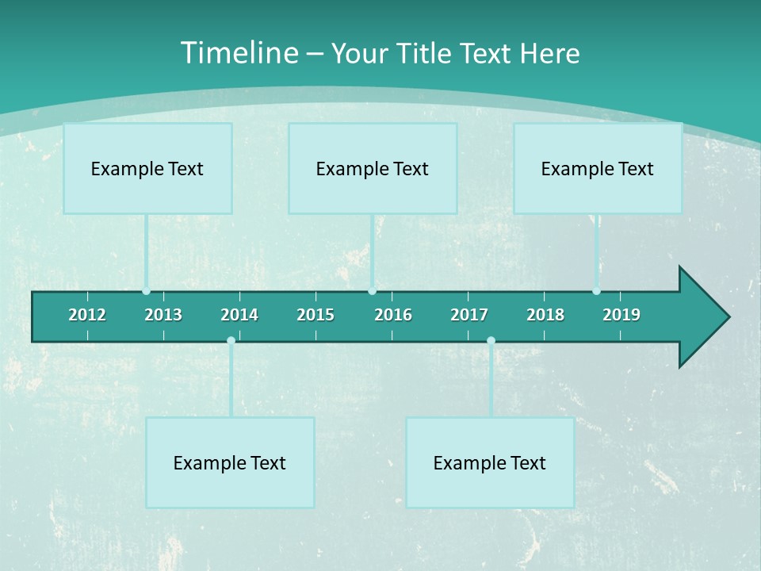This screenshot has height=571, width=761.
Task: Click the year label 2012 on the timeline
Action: [87, 315]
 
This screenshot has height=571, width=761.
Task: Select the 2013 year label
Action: [163, 315]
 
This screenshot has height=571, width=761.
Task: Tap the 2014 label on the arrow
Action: [239, 315]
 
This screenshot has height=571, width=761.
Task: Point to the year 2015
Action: [315, 315]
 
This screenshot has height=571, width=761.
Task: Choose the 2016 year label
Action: [393, 315]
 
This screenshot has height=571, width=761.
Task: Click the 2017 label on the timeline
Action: [469, 315]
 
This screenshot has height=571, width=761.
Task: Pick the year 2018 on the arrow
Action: [545, 315]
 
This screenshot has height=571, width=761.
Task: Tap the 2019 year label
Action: [621, 315]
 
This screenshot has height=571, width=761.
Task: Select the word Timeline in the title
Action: [239, 53]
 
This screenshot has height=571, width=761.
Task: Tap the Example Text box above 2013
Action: [147, 168]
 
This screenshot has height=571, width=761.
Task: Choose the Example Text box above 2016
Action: [373, 168]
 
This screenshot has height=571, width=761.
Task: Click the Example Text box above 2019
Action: [598, 168]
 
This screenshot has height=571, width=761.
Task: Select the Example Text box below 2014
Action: [230, 462]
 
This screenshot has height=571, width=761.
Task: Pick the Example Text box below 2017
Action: [490, 462]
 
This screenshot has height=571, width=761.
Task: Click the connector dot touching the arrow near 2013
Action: [147, 291]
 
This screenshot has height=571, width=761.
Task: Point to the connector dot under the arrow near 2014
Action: [231, 341]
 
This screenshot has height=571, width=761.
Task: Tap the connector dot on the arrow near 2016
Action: [372, 291]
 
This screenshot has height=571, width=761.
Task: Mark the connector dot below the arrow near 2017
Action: [491, 341]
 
